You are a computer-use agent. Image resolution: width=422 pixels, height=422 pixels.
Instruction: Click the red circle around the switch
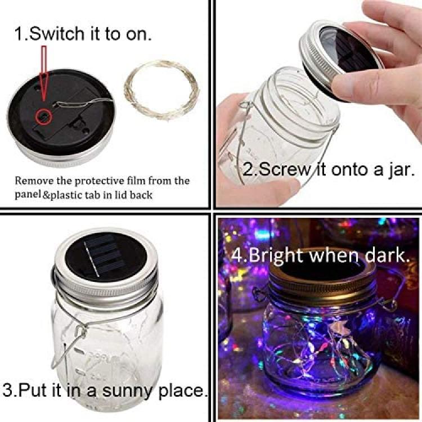pyautogui.click(x=43, y=116)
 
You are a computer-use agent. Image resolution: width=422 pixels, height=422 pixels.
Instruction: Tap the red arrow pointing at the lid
pyautogui.click(x=43, y=73)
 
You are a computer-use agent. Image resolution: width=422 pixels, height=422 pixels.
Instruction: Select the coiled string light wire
pyautogui.click(x=161, y=91)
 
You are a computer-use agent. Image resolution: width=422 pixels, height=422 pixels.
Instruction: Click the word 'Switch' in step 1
pyautogui.click(x=56, y=34)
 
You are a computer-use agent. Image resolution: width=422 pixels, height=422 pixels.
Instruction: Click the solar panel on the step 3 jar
pyautogui.click(x=106, y=257)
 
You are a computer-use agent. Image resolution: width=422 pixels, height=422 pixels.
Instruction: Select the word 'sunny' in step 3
pyautogui.click(x=128, y=391)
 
